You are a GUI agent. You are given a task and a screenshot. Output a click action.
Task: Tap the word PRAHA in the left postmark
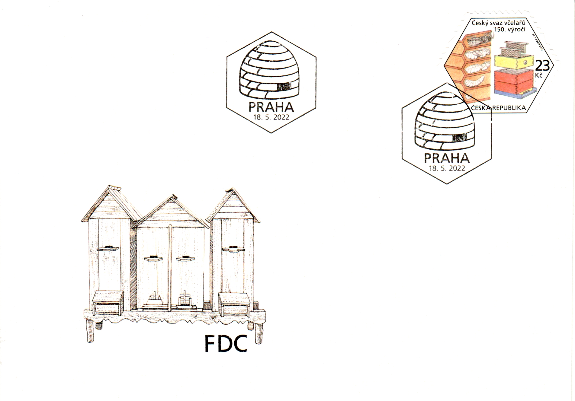click(271, 107)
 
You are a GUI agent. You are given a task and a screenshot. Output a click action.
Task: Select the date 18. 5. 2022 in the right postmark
click(447, 168)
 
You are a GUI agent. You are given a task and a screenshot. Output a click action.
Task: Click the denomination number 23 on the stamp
click(542, 66)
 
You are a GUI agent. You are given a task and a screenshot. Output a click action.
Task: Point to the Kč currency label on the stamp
click(539, 75)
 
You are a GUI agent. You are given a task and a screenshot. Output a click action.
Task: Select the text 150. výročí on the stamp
click(509, 30)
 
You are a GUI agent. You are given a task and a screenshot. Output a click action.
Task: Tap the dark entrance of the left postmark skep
click(285, 87)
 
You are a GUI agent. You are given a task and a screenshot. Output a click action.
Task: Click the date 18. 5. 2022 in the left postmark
click(271, 117)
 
